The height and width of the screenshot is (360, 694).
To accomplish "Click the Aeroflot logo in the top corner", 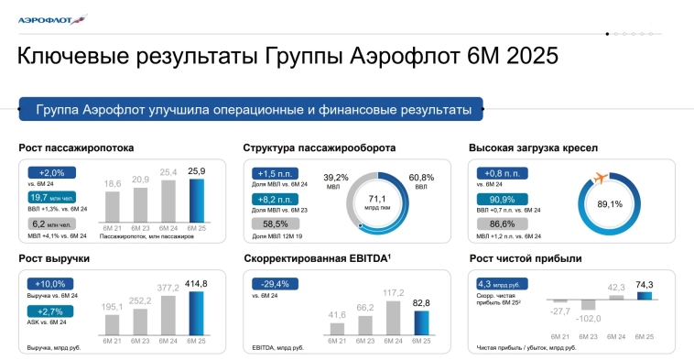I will (51, 18).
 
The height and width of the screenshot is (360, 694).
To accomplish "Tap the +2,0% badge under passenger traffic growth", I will (51, 172).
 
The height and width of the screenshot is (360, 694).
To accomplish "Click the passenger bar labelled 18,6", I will (113, 206).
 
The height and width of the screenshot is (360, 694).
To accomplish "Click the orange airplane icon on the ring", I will (602, 176).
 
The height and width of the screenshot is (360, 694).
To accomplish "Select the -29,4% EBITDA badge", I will (274, 284).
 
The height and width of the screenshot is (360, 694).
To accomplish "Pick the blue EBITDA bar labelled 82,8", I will (422, 324).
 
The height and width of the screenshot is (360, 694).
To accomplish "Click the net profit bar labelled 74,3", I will (644, 295).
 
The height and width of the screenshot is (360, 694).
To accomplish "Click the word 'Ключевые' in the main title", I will (79, 57).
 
